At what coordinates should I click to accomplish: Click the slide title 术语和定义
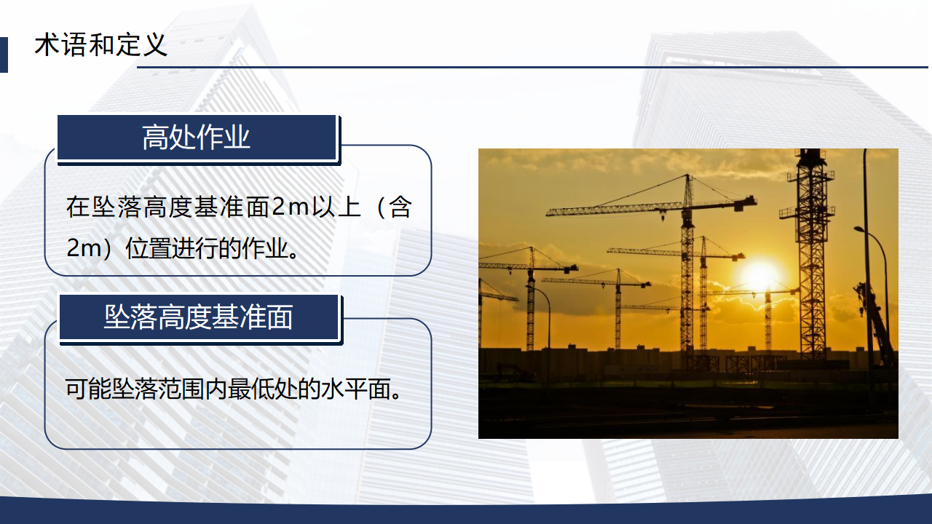[101, 45]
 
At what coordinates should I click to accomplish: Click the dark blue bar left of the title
[4, 55]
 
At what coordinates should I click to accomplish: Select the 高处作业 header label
[197, 138]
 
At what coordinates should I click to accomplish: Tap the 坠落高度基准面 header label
[199, 317]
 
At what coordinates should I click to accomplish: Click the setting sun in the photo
[759, 275]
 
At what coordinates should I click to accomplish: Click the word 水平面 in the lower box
[356, 389]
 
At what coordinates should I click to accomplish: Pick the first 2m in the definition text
[290, 207]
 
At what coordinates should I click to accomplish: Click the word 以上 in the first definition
[336, 207]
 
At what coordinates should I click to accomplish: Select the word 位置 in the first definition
[148, 248]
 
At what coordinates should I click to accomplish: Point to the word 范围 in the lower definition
[181, 389]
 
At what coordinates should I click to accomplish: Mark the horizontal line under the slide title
[532, 67]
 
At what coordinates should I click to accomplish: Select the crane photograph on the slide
[688, 293]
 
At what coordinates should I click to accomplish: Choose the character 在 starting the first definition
[78, 207]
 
